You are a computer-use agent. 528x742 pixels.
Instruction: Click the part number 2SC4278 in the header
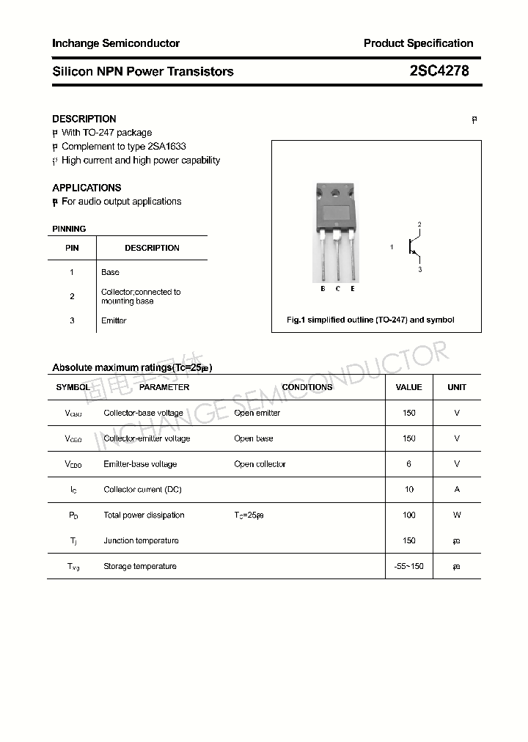point(439,71)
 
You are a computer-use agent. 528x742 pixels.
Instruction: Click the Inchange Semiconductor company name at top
point(116,43)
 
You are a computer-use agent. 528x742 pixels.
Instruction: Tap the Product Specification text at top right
point(418,43)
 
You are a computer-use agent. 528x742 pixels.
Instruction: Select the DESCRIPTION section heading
point(84,119)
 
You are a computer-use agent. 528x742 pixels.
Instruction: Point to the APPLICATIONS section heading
point(87,188)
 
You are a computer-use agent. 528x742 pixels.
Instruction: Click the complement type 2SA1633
point(166,147)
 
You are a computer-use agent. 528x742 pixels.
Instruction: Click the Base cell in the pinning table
point(110,272)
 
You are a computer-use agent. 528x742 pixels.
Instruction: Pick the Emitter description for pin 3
point(114,320)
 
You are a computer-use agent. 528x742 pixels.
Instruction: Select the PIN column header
point(72,248)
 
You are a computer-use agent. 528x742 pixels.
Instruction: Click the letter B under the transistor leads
point(323,289)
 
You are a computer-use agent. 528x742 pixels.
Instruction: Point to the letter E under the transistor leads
point(353,289)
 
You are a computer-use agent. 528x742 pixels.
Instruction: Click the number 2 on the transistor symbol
point(419,224)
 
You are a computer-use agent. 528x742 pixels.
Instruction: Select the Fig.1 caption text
point(370,320)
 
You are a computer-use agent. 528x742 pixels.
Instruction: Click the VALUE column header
point(408,387)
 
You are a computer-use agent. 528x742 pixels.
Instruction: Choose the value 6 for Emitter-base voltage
point(408,464)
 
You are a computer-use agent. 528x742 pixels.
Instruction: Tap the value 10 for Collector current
point(408,490)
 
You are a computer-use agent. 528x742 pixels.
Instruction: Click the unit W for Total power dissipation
point(457,515)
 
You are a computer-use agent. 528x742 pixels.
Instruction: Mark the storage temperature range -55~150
point(408,567)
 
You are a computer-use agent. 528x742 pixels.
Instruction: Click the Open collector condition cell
point(260,464)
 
